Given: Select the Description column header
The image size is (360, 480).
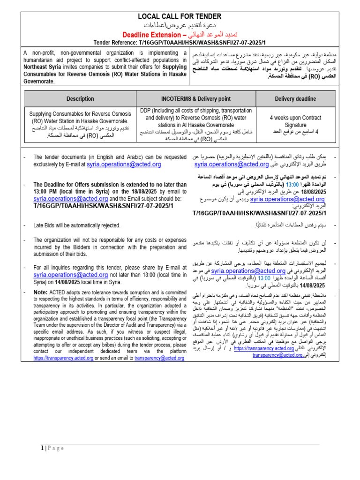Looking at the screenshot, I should pos(80,99).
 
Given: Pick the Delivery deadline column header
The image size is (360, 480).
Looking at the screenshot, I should pos(295,99).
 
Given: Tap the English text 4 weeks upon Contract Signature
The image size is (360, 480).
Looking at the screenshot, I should pos(295,121).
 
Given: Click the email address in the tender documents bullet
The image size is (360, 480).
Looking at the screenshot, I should pos(124,165).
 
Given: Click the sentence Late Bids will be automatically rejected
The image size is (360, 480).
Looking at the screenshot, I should pos(77,225).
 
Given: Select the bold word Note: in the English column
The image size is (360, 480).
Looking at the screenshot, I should pos(40,292).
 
